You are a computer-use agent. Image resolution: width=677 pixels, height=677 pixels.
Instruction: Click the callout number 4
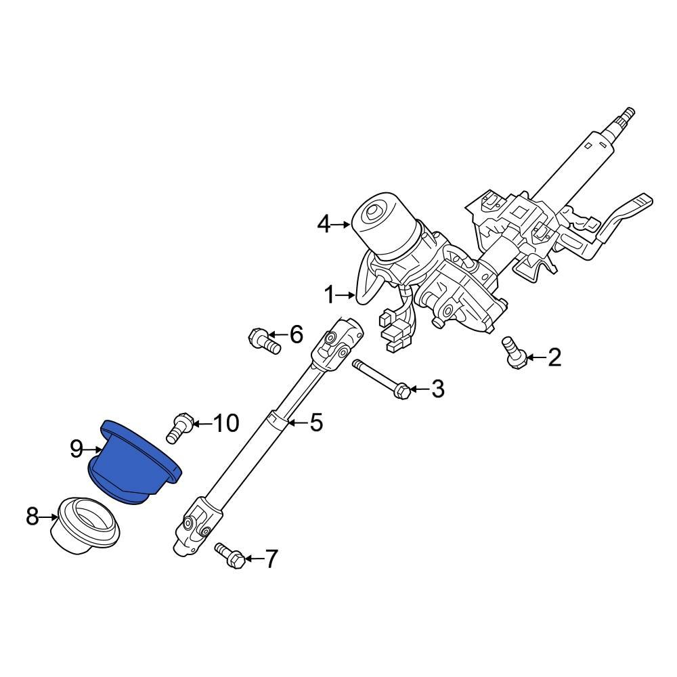click(x=325, y=224)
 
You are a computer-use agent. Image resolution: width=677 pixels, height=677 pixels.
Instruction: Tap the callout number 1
click(x=329, y=295)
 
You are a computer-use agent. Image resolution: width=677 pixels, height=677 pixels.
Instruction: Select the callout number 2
click(x=554, y=357)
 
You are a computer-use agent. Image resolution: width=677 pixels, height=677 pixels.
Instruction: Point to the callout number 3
click(x=437, y=389)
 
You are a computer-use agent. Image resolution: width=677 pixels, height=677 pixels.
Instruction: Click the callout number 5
click(x=316, y=423)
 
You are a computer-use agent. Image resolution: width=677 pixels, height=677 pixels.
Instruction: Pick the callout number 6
click(x=296, y=334)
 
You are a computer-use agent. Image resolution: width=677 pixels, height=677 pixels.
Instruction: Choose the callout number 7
click(x=270, y=559)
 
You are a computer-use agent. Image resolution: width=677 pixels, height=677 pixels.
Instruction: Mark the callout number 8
click(x=32, y=518)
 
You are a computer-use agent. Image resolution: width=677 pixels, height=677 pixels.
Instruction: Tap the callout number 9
click(x=77, y=448)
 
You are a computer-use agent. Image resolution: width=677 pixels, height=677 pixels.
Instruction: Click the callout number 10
click(x=226, y=424)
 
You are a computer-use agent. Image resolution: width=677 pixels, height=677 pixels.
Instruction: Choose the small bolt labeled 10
click(x=179, y=428)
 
